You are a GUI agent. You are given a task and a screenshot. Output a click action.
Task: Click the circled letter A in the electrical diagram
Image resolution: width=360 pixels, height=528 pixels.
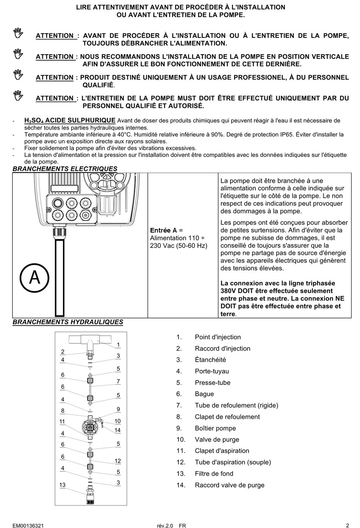[34, 278]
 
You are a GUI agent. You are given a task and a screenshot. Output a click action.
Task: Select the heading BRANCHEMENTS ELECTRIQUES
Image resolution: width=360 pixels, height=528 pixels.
[65, 169]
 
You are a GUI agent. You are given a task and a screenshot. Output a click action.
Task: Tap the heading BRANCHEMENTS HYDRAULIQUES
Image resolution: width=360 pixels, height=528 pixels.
[68, 322]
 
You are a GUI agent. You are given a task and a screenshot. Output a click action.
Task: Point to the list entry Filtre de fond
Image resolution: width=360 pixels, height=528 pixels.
[214, 474]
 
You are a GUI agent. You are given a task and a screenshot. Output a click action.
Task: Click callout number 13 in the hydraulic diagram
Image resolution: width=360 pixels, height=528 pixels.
[63, 485]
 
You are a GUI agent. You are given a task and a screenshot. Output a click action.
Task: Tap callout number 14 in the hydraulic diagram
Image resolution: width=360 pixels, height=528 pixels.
[117, 430]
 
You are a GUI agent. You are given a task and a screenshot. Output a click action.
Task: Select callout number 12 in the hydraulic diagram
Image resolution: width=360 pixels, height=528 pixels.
[118, 461]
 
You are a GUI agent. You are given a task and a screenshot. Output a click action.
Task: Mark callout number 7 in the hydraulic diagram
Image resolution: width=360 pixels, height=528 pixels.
[118, 381]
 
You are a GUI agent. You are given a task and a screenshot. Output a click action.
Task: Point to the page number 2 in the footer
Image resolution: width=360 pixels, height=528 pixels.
[347, 525]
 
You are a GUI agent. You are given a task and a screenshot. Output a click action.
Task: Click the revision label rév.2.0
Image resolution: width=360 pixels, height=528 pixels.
[165, 526]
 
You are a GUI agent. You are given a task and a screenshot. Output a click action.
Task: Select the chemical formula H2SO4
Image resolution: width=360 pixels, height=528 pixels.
[34, 121]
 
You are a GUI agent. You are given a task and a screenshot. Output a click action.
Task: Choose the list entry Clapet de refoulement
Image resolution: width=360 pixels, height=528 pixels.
[227, 417]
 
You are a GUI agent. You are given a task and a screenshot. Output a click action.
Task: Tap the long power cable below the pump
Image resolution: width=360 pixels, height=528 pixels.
[59, 277]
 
